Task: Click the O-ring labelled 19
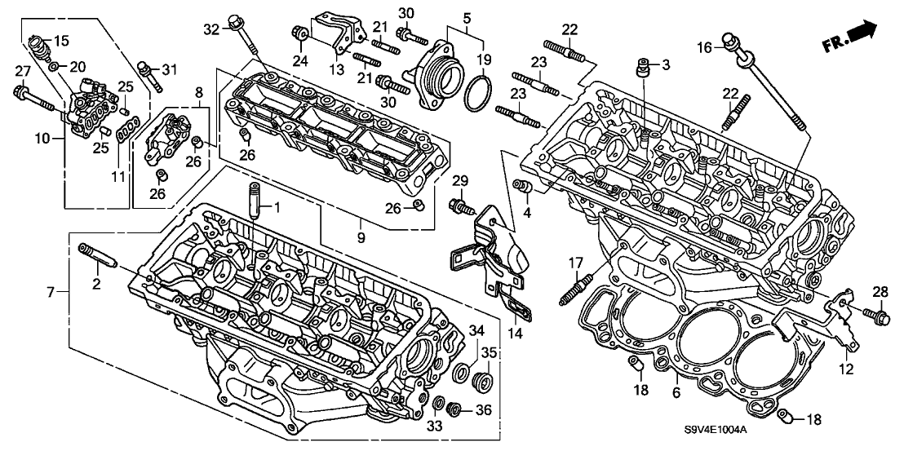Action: (x=479, y=95)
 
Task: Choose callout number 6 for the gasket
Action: (x=676, y=393)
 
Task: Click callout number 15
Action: (x=61, y=39)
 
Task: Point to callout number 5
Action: (x=467, y=18)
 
